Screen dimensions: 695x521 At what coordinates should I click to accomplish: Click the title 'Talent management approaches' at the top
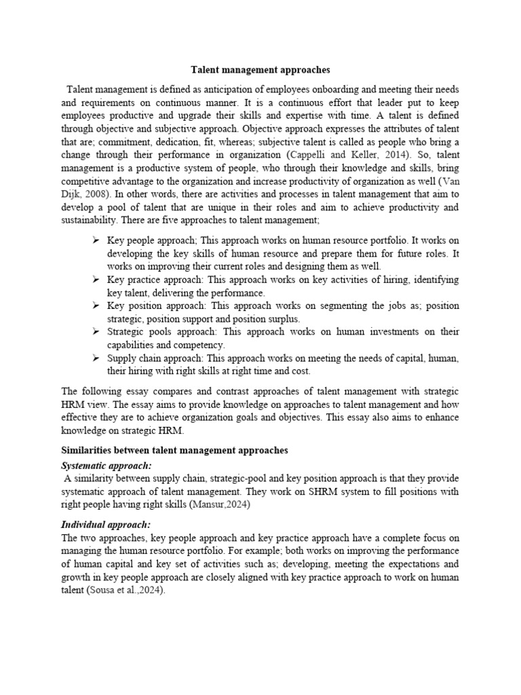point(260,69)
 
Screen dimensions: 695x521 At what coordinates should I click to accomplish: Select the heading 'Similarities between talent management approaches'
point(174,450)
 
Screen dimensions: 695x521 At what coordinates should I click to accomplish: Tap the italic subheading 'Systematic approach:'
point(107,466)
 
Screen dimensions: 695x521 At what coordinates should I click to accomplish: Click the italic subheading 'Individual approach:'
point(106,525)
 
